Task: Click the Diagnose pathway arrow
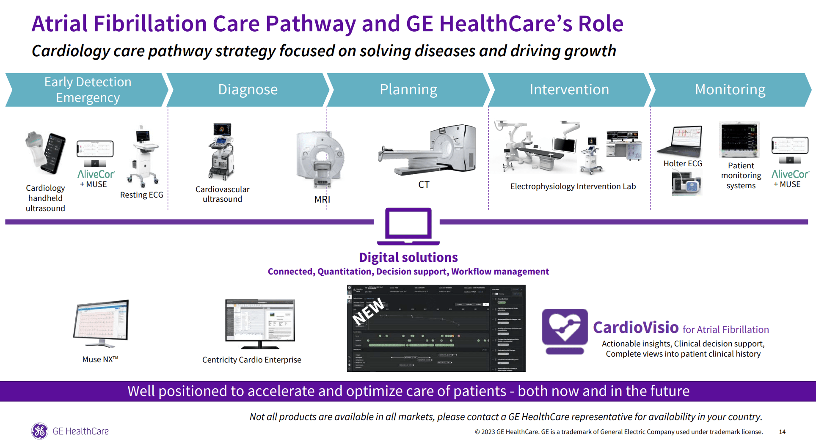pyautogui.click(x=248, y=90)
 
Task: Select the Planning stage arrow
pyautogui.click(x=408, y=90)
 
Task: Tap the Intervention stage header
pyautogui.click(x=569, y=90)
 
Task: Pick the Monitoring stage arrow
pyautogui.click(x=730, y=90)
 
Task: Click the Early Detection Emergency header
pyautogui.click(x=88, y=90)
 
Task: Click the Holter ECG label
pyautogui.click(x=683, y=164)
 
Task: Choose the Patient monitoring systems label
pyautogui.click(x=741, y=176)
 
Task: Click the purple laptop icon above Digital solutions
pyautogui.click(x=408, y=226)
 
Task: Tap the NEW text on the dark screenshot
pyautogui.click(x=368, y=311)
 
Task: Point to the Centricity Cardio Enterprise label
pyautogui.click(x=252, y=360)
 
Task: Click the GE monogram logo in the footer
pyautogui.click(x=40, y=431)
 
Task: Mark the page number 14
pyautogui.click(x=782, y=432)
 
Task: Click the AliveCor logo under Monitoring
pyautogui.click(x=790, y=174)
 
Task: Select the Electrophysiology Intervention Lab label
pyautogui.click(x=573, y=187)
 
